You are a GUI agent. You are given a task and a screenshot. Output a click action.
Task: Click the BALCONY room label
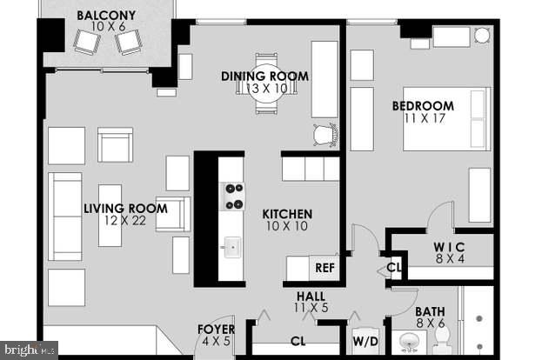tap(106, 15)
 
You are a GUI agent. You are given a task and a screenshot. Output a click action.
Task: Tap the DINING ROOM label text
tap(265, 77)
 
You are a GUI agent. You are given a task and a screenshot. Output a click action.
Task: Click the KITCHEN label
tap(287, 214)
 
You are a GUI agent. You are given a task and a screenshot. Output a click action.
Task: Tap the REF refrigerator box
tap(325, 268)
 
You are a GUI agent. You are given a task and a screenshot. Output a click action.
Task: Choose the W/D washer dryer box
tap(365, 342)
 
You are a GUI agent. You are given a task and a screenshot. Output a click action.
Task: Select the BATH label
tap(430, 310)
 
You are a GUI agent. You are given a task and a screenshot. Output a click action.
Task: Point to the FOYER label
tap(216, 329)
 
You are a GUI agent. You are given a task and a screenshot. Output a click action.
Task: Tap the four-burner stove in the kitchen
tap(232, 197)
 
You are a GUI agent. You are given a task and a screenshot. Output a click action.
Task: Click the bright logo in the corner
tap(28, 350)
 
